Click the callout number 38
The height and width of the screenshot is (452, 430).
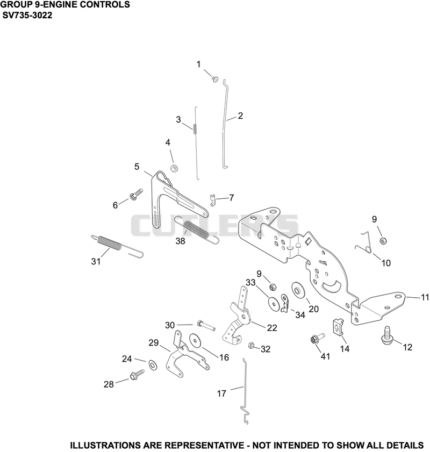[180, 241]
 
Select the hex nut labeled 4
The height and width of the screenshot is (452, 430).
[174, 168]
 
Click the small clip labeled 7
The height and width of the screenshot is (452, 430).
[213, 200]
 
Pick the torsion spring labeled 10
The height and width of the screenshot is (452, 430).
[363, 242]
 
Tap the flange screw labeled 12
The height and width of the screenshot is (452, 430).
[387, 335]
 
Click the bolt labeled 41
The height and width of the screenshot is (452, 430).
[318, 338]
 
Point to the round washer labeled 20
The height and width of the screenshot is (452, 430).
[297, 289]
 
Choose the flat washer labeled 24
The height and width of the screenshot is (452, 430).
[153, 365]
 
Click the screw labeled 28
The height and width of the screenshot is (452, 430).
[137, 375]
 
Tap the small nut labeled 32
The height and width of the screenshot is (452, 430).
[251, 345]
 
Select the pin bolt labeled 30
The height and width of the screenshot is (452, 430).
[206, 326]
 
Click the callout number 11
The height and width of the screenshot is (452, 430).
[425, 297]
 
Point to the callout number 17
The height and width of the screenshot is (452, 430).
[221, 393]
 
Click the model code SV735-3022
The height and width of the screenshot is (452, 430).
[27, 15]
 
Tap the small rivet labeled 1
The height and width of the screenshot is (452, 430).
[214, 79]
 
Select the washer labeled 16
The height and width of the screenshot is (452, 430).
[195, 340]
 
